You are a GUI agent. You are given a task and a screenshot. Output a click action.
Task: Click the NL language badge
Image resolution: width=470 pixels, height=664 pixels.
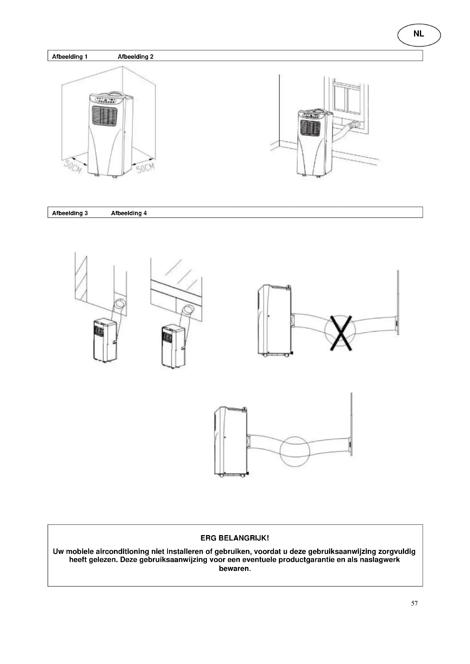[x=419, y=34]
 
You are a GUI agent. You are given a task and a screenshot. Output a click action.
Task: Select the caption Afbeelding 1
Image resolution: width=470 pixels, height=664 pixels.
[x=70, y=57]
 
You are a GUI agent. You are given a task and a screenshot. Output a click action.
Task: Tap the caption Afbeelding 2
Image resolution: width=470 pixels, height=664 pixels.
[x=136, y=57]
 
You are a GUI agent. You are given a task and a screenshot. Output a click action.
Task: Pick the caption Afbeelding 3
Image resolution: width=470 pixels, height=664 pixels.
[x=70, y=213]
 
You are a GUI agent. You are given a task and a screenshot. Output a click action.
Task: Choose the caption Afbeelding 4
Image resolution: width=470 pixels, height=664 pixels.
[x=129, y=213]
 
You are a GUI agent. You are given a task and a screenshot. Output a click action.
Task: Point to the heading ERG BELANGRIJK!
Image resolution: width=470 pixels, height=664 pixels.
[x=235, y=538]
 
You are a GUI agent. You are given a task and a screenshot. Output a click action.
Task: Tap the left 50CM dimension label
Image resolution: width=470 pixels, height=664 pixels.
[x=73, y=167]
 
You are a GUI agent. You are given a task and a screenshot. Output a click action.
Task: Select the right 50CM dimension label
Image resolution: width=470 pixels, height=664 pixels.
[x=145, y=167]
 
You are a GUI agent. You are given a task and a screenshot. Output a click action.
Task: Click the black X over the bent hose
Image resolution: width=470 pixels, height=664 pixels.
[x=341, y=333]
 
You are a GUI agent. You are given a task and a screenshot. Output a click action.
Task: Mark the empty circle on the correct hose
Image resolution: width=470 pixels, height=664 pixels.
[x=295, y=451]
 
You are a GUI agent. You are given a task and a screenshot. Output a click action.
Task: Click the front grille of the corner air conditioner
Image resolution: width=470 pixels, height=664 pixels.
[x=105, y=116]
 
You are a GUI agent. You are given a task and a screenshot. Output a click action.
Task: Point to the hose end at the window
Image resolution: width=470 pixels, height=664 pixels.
[x=354, y=125]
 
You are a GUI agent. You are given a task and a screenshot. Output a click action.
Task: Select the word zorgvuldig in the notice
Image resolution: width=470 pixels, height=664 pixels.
[x=397, y=552]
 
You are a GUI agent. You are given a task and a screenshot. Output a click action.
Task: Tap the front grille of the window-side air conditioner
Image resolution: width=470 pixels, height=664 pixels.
[x=310, y=127]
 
